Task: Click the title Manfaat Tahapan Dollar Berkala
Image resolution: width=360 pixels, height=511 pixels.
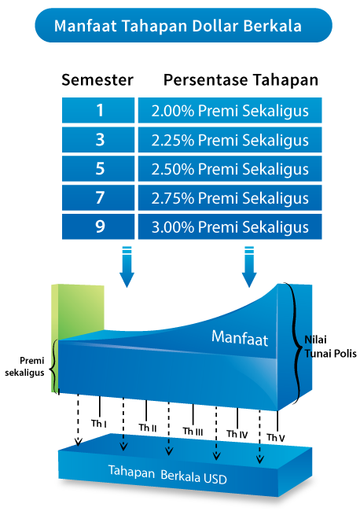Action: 178,26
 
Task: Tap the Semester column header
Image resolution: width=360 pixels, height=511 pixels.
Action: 97,80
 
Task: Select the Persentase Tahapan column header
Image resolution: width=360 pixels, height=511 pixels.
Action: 241,80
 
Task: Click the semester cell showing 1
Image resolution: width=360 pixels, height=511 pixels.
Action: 98,110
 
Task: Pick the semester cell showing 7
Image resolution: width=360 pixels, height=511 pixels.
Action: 98,197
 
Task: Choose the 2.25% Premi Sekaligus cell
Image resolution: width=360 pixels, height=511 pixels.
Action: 230,139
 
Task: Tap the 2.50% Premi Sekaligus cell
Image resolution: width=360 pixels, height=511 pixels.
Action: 230,168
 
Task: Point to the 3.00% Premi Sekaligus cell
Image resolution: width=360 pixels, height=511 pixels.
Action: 230,226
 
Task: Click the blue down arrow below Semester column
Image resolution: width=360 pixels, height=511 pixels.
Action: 127,267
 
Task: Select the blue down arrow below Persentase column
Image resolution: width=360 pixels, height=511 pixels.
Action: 249,267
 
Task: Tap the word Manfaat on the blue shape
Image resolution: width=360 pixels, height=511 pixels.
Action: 240,338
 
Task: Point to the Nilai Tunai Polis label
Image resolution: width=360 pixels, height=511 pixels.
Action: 330,347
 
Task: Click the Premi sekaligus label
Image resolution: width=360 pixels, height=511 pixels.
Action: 24,366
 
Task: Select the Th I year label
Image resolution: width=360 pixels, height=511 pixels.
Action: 99,423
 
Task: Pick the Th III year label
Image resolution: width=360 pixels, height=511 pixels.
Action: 193,431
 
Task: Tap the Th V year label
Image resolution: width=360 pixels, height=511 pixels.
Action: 276,437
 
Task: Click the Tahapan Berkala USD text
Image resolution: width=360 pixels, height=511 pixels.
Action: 167,475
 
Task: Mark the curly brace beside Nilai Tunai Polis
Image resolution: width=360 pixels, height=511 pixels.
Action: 296,344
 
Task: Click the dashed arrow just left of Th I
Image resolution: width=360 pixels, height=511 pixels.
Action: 78,420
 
